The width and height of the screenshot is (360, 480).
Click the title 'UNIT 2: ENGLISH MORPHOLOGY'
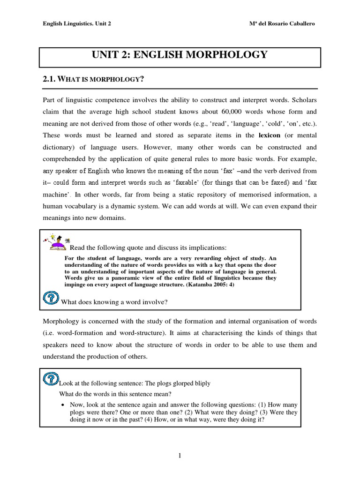click(x=180, y=55)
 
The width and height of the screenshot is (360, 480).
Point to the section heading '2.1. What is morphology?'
click(x=92, y=79)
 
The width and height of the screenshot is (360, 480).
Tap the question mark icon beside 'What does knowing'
click(x=50, y=299)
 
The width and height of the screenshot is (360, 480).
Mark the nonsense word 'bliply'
click(x=201, y=383)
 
